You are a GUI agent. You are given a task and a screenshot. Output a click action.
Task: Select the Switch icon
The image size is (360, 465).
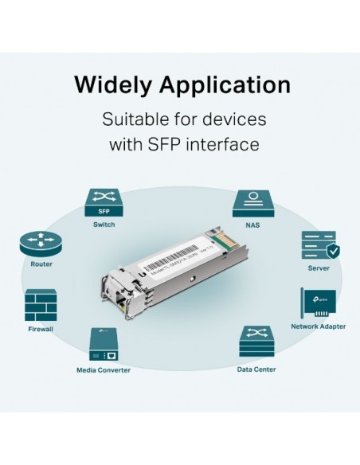pyautogui.click(x=104, y=204)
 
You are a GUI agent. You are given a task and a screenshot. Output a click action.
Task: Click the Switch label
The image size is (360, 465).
pyautogui.click(x=104, y=225)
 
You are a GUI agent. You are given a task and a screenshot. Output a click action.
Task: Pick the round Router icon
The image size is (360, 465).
pyautogui.click(x=41, y=243)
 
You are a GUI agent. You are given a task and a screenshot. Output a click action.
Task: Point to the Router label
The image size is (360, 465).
pyautogui.click(x=41, y=264)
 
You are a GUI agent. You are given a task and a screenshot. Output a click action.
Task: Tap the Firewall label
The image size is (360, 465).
pyautogui.click(x=41, y=328)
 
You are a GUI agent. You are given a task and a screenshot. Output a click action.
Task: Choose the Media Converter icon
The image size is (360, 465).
pyautogui.click(x=104, y=345)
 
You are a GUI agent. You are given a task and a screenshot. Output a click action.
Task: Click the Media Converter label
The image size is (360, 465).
pyautogui.click(x=104, y=370)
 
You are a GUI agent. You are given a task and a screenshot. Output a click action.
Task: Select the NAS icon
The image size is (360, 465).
pyautogui.click(x=249, y=203)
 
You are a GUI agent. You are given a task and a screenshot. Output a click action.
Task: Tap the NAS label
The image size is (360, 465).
pyautogui.click(x=249, y=225)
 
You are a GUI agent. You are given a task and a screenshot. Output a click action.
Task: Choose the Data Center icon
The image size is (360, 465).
pyautogui.click(x=257, y=343)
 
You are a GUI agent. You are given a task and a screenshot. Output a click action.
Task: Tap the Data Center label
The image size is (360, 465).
pyautogui.click(x=257, y=370)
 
